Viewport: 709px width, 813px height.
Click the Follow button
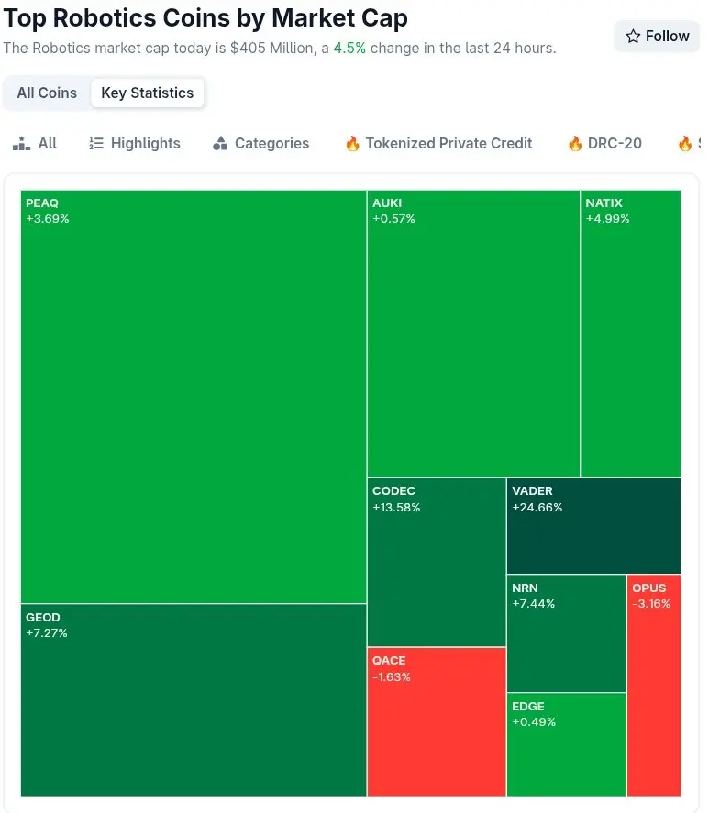(x=657, y=37)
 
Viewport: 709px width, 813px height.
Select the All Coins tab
(x=47, y=93)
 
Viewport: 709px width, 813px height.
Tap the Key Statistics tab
(x=147, y=93)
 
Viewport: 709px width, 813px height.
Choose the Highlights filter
(x=135, y=143)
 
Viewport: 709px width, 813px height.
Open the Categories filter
(x=260, y=143)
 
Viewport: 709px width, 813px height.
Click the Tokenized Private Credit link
(x=438, y=143)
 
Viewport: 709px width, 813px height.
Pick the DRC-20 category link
(x=604, y=143)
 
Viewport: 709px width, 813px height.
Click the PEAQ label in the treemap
(x=42, y=203)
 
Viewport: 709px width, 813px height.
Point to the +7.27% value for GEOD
(x=47, y=633)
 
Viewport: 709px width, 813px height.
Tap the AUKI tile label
(x=387, y=203)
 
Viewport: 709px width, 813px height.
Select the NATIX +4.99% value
(x=607, y=219)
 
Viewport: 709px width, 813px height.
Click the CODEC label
(x=393, y=491)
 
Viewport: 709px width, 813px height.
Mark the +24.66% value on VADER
(x=537, y=508)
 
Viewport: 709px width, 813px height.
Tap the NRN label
(x=525, y=588)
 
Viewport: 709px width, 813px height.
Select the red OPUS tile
(x=654, y=697)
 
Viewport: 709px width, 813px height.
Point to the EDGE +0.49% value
(x=534, y=722)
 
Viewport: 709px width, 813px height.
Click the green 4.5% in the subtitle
(x=349, y=48)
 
